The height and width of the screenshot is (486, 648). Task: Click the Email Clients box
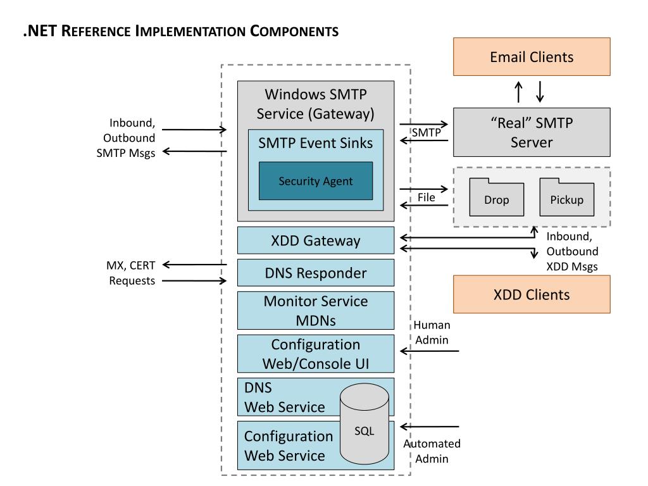pyautogui.click(x=532, y=57)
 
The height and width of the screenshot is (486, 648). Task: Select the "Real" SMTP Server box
pyautogui.click(x=532, y=132)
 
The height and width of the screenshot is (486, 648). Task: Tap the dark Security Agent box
pyautogui.click(x=315, y=181)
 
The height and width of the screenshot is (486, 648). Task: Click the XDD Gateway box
pyautogui.click(x=315, y=240)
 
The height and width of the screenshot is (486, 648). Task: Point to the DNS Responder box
pyautogui.click(x=315, y=273)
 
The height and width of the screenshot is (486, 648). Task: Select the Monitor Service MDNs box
pyautogui.click(x=315, y=310)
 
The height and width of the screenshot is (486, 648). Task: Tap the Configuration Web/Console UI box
pyautogui.click(x=315, y=354)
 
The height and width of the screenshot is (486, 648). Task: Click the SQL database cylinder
pyautogui.click(x=364, y=430)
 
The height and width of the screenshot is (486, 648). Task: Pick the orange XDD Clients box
pyautogui.click(x=532, y=294)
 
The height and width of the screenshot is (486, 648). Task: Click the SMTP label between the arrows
pyautogui.click(x=425, y=132)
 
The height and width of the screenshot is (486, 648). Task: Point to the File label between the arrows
pyautogui.click(x=426, y=197)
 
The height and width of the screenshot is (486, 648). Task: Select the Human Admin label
pyautogui.click(x=432, y=332)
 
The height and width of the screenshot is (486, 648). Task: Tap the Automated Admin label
pyautogui.click(x=432, y=451)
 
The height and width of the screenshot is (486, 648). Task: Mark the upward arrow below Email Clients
pyautogui.click(x=519, y=92)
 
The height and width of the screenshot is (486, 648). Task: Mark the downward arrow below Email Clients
pyautogui.click(x=540, y=92)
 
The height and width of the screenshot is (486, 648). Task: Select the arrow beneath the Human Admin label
pyautogui.click(x=430, y=351)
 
